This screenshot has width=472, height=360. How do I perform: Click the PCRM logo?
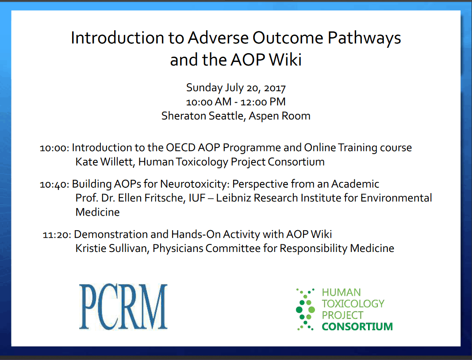[123, 307]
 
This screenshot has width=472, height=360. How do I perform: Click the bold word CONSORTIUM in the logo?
[357, 326]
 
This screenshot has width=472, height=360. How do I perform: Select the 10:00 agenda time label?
[54, 148]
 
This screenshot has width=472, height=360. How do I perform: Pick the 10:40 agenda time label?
[54, 184]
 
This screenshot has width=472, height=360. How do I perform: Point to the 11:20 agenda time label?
[57, 235]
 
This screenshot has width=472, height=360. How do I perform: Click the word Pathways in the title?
[364, 38]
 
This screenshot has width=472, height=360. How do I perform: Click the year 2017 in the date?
[275, 88]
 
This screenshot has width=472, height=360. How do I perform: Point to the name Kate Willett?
[104, 162]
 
